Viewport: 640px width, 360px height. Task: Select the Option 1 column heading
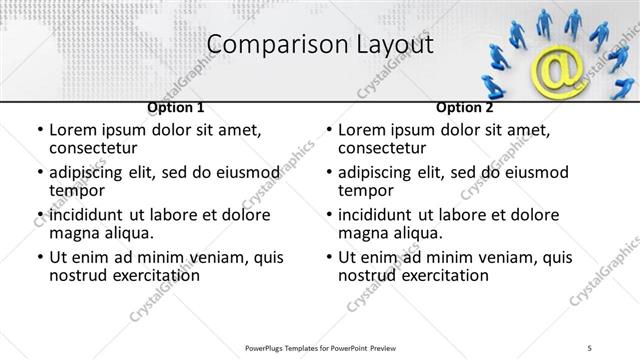176,107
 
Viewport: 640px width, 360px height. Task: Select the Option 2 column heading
465,107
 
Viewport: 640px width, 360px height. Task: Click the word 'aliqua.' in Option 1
129,233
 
